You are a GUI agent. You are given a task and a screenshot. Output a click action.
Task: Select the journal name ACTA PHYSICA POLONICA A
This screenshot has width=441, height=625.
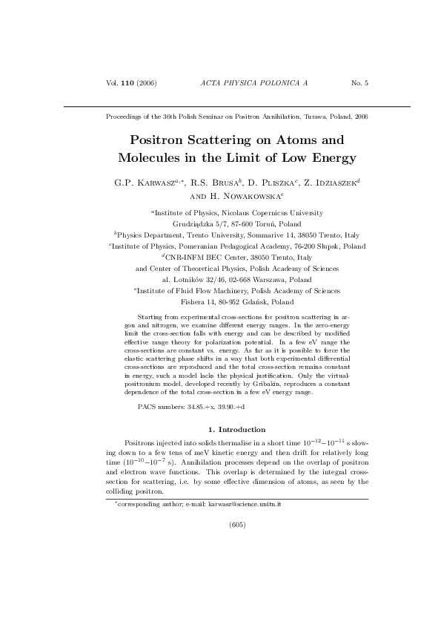pyautogui.click(x=254, y=82)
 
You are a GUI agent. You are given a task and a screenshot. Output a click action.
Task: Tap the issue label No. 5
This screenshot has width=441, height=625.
pyautogui.click(x=359, y=82)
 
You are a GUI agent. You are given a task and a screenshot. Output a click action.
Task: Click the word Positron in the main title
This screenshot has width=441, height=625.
pyautogui.click(x=160, y=140)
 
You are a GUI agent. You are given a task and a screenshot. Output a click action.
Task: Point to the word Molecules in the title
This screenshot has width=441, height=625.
pyautogui.click(x=152, y=158)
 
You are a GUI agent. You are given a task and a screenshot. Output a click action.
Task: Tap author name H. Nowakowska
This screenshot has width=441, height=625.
pyautogui.click(x=248, y=196)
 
